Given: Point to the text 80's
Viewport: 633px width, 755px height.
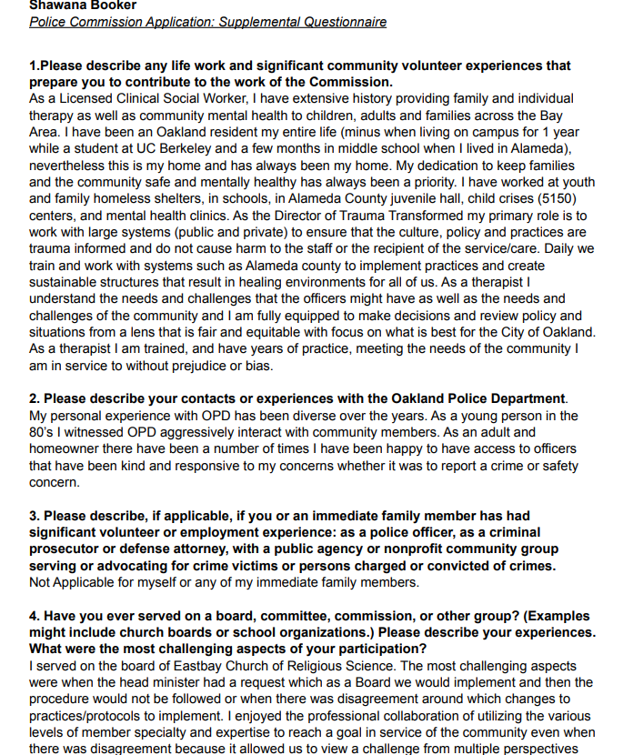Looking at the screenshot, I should coord(44,432).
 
